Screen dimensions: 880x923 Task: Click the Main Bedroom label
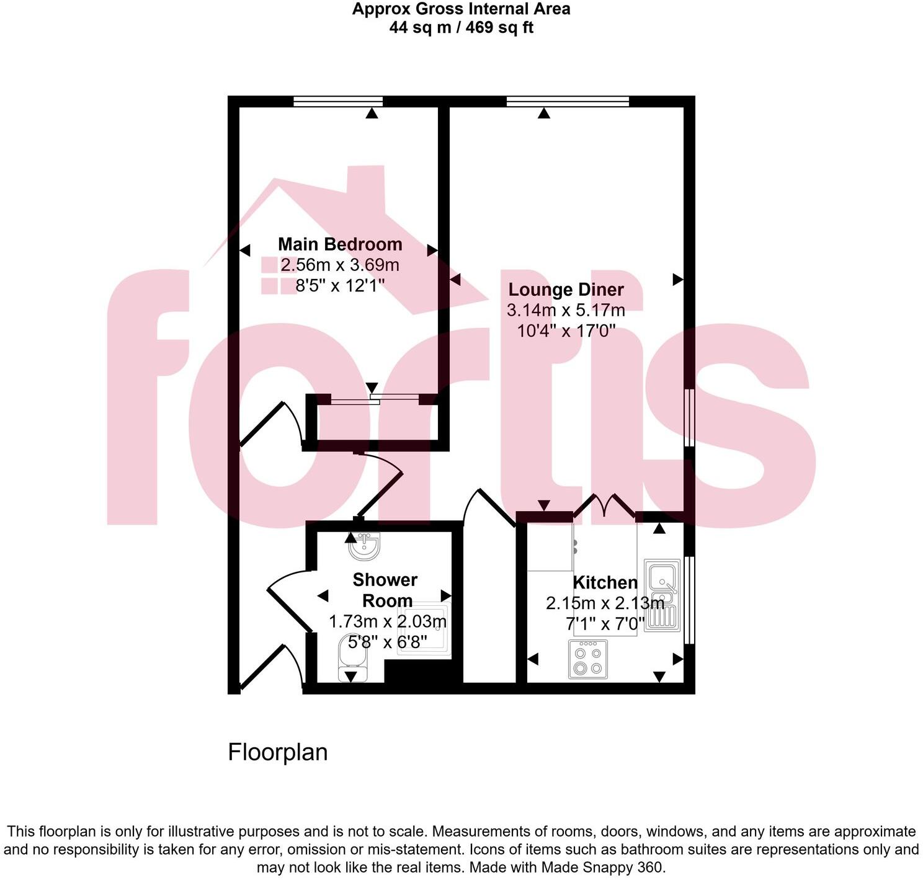click(x=340, y=244)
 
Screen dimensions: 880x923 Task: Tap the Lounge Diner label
click(x=566, y=290)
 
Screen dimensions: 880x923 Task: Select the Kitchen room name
click(x=605, y=582)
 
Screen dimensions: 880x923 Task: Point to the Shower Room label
click(x=385, y=590)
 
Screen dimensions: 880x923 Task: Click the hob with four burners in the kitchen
click(x=588, y=659)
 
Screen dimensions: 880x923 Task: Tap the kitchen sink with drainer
click(x=662, y=595)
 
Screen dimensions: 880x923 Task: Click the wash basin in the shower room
click(x=364, y=545)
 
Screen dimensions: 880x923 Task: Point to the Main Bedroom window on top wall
click(x=338, y=102)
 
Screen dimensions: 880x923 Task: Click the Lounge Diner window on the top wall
click(x=568, y=102)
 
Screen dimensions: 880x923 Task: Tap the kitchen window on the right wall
click(x=689, y=600)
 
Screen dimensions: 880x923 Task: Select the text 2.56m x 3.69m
click(x=340, y=265)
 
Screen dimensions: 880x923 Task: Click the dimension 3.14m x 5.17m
click(x=566, y=310)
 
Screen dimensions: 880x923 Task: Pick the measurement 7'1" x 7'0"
click(x=605, y=623)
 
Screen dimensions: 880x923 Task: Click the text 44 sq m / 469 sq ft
click(x=461, y=28)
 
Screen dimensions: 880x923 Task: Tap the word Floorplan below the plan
click(x=277, y=752)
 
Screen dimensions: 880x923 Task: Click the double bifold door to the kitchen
click(x=605, y=505)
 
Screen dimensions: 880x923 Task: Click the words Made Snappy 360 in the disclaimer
click(x=602, y=867)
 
